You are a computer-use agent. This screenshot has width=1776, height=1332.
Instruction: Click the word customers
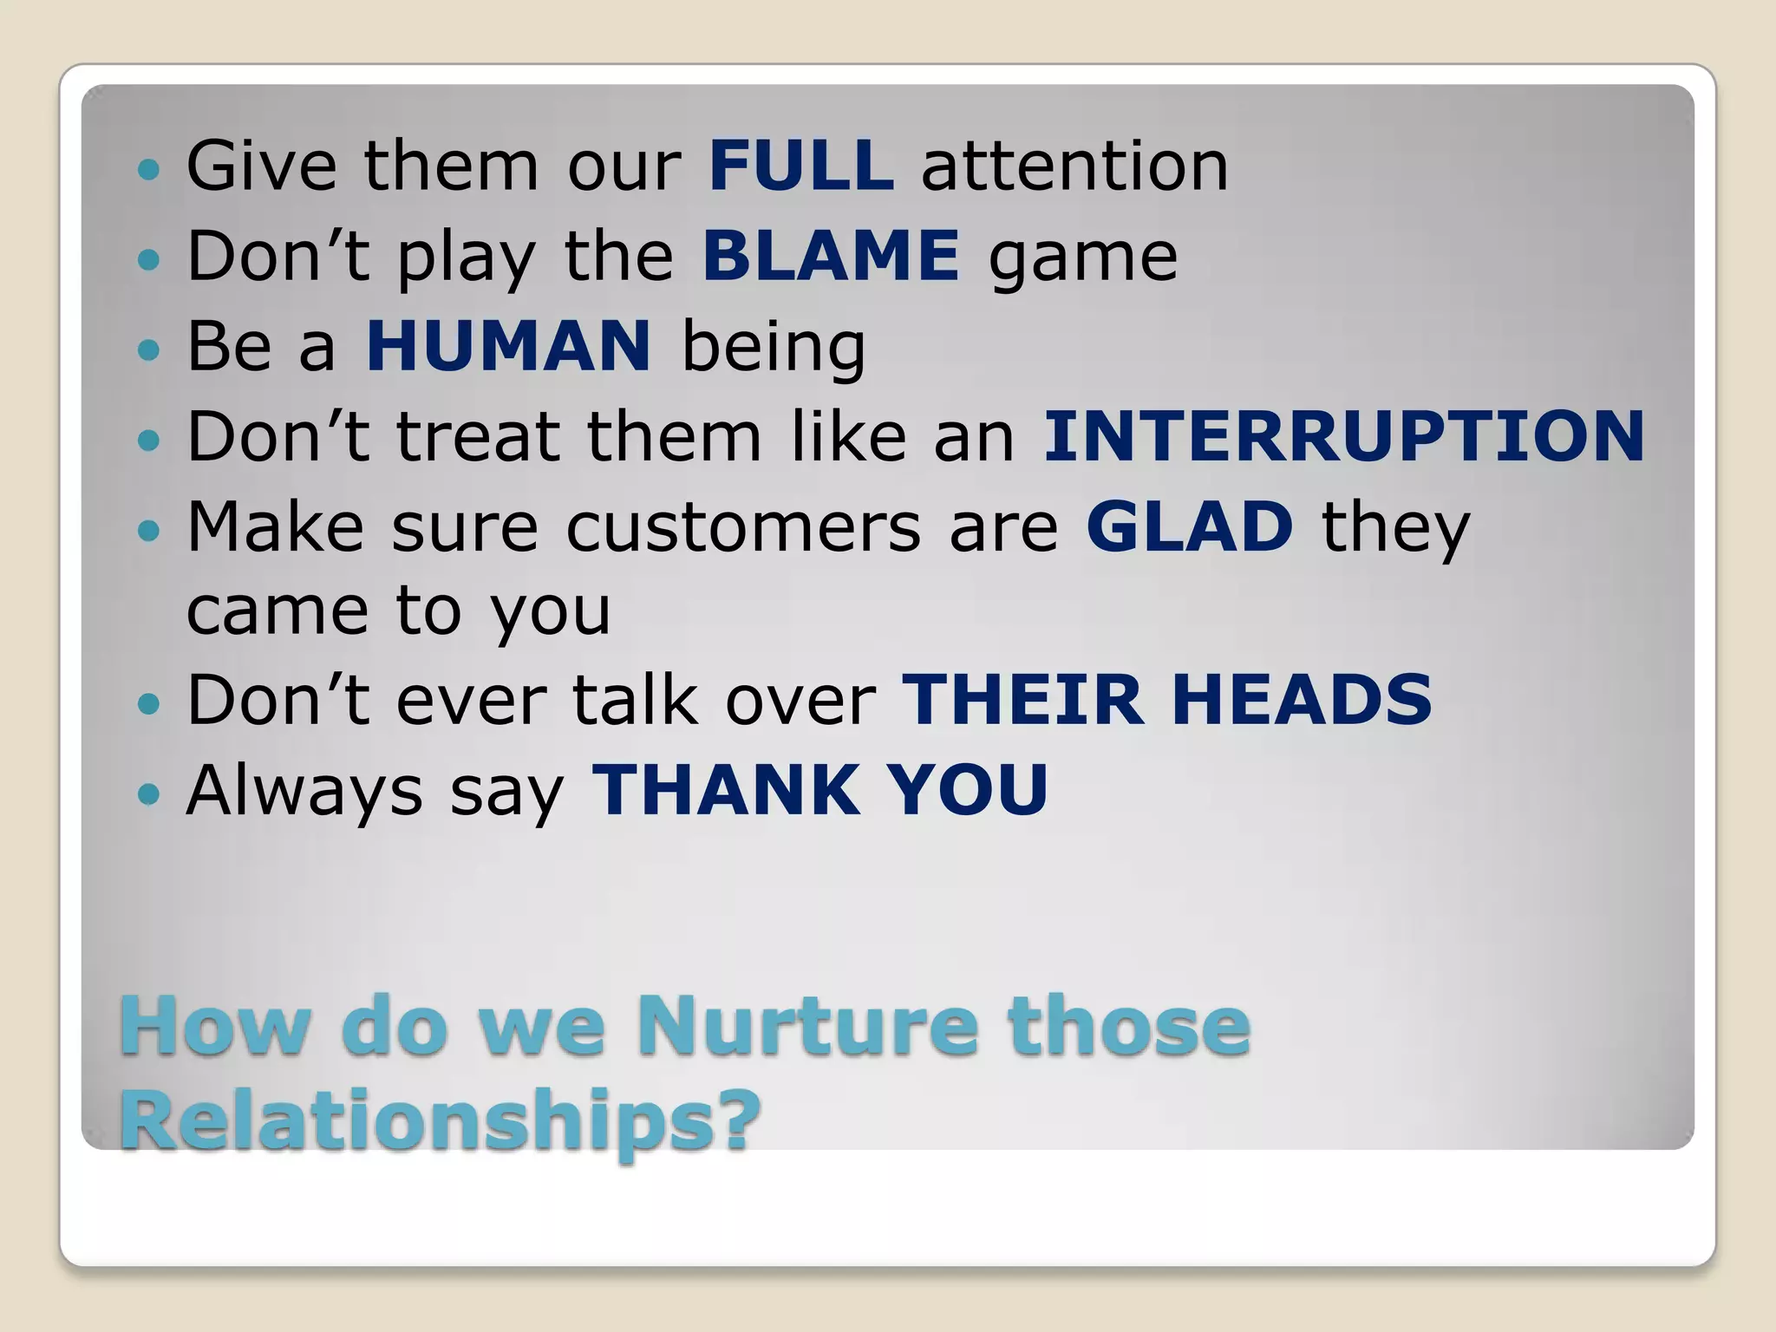point(743,527)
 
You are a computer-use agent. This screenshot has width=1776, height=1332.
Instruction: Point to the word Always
point(304,791)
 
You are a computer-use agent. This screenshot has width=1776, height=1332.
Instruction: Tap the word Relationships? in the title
point(440,1120)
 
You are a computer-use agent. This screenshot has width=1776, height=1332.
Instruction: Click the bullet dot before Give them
point(149,168)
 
